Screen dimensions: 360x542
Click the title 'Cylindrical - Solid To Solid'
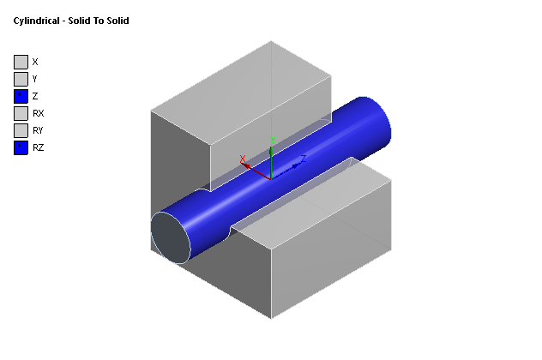click(71, 21)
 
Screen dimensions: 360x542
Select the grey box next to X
click(21, 62)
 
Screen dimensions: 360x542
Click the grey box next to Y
click(21, 79)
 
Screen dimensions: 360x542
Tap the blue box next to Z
click(21, 96)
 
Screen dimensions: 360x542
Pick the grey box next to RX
click(21, 113)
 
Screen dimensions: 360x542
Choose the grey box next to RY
click(21, 130)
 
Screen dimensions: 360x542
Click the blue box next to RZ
click(21, 147)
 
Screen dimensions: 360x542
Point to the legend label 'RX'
click(38, 113)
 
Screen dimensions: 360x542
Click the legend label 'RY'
click(38, 130)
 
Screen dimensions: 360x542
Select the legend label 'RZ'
click(38, 147)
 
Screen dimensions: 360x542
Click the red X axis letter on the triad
click(244, 158)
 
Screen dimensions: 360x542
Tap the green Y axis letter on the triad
click(272, 140)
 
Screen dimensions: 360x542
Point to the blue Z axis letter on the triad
click(304, 159)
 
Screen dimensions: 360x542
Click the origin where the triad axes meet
click(271, 177)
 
